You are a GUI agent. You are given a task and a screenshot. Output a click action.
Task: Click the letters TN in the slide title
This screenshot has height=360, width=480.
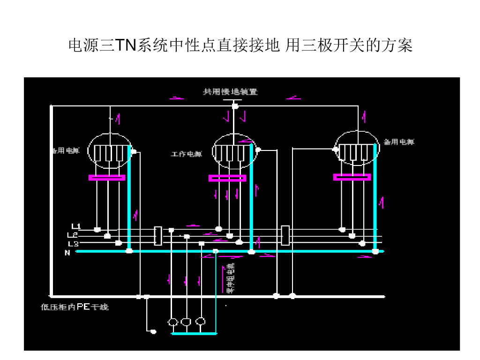125,46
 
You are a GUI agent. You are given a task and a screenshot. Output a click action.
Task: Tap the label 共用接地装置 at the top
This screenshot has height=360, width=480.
230,92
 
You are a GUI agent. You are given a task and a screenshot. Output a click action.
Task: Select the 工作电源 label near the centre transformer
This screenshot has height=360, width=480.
186,154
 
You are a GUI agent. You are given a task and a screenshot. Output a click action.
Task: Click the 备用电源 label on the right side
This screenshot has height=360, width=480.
399,142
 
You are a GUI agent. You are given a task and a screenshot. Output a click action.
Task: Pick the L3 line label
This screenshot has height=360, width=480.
73,244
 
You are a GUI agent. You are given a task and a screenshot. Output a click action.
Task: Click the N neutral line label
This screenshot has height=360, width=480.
67,253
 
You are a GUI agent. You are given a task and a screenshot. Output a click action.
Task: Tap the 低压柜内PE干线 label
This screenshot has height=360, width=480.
75,307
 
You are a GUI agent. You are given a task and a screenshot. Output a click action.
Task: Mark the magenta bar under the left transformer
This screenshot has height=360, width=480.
107,178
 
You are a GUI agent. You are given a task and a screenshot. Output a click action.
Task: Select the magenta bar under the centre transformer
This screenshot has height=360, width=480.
227,178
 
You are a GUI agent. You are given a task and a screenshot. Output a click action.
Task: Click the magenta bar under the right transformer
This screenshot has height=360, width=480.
352,177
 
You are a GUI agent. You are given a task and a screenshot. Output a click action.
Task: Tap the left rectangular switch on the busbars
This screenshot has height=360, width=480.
158,236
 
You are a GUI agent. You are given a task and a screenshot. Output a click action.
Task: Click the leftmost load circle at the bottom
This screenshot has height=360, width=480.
172,322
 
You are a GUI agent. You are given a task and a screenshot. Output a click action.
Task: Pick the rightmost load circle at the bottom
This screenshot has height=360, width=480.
201,322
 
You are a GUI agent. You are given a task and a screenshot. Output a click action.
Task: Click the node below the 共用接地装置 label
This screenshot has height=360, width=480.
235,106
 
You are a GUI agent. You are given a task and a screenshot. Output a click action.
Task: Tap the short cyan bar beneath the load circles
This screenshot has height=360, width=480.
194,334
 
